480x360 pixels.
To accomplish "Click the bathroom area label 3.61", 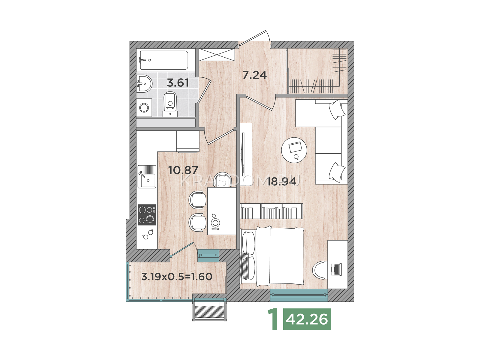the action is (x=178, y=83).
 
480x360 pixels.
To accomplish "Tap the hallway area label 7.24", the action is (x=254, y=75).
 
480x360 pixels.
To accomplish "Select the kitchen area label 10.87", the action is (x=183, y=170).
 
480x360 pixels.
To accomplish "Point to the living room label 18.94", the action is (x=282, y=181).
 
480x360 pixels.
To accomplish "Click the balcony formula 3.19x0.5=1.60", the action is (x=177, y=277).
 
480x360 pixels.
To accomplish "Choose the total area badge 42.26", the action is (x=307, y=319).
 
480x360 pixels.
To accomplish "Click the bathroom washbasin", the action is (x=144, y=83).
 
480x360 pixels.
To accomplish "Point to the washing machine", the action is (x=144, y=107).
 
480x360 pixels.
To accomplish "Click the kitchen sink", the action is (x=147, y=177).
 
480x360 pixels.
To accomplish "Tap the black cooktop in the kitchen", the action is (x=147, y=214).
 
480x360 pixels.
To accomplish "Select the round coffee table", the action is (x=294, y=150).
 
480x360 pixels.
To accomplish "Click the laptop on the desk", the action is (x=336, y=269).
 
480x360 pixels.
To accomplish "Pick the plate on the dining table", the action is (x=215, y=223).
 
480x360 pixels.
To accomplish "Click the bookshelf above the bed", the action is (x=271, y=211).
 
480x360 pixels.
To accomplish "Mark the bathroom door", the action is (x=205, y=91).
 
